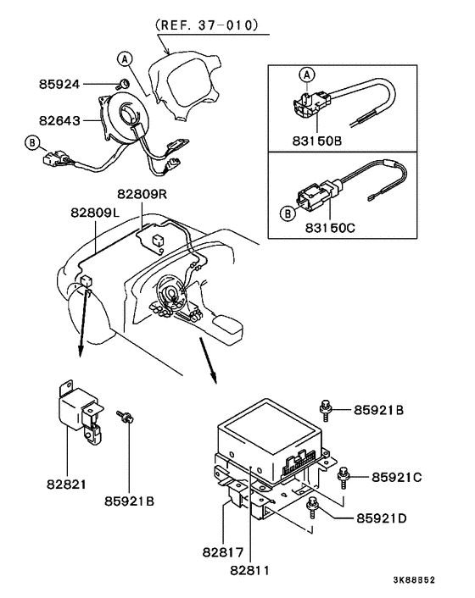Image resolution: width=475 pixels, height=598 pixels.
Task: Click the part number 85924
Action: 59,84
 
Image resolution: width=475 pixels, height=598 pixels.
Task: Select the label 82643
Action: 59,120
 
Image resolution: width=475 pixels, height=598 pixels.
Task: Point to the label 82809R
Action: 142,194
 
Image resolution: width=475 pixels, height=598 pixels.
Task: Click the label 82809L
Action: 95,213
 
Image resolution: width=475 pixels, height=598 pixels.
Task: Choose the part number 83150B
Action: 317,141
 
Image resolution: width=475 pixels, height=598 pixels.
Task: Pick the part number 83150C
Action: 330,228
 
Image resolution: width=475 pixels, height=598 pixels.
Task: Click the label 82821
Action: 66,484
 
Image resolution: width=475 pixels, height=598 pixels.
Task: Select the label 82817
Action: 223,552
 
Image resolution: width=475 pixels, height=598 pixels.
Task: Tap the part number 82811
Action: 249,571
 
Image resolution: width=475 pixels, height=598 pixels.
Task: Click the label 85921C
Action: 397,477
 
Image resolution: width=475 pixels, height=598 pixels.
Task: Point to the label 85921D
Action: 382,518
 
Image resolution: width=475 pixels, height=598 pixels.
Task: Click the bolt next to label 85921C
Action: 343,478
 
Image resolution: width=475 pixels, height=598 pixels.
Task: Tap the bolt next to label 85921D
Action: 313,507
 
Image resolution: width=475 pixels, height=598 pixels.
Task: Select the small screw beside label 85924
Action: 123,84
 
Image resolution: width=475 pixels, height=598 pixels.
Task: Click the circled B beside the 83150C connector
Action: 288,213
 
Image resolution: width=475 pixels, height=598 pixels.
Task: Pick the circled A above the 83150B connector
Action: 307,75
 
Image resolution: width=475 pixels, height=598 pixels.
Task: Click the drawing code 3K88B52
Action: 414,580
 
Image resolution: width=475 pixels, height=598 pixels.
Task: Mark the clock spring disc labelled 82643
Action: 124,119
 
